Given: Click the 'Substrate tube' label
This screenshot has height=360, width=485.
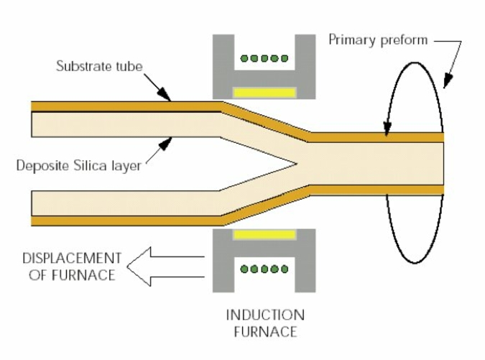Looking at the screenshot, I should [99, 67].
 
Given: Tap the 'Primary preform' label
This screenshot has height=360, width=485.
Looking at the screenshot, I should [378, 40].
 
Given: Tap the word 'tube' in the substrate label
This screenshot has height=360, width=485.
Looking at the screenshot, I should [130, 67].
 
